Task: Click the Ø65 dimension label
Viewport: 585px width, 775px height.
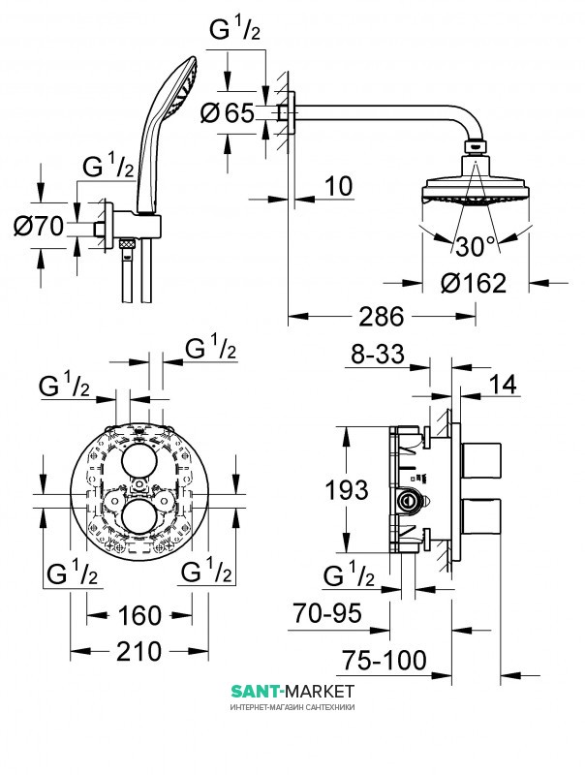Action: point(231,113)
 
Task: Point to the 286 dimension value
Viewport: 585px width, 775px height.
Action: point(384,317)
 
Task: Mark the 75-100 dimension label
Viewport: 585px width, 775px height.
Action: point(384,661)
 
